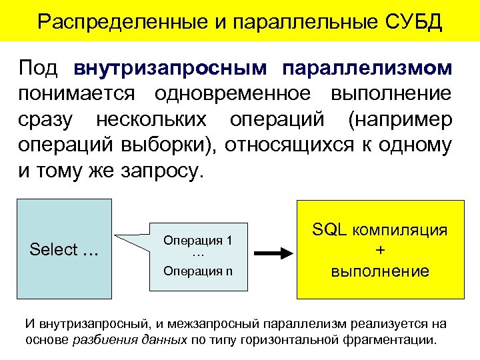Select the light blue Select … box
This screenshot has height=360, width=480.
(65, 249)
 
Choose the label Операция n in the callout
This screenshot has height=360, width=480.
(198, 270)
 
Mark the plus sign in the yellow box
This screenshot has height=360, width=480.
(380, 251)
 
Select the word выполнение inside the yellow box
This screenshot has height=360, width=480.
(381, 271)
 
